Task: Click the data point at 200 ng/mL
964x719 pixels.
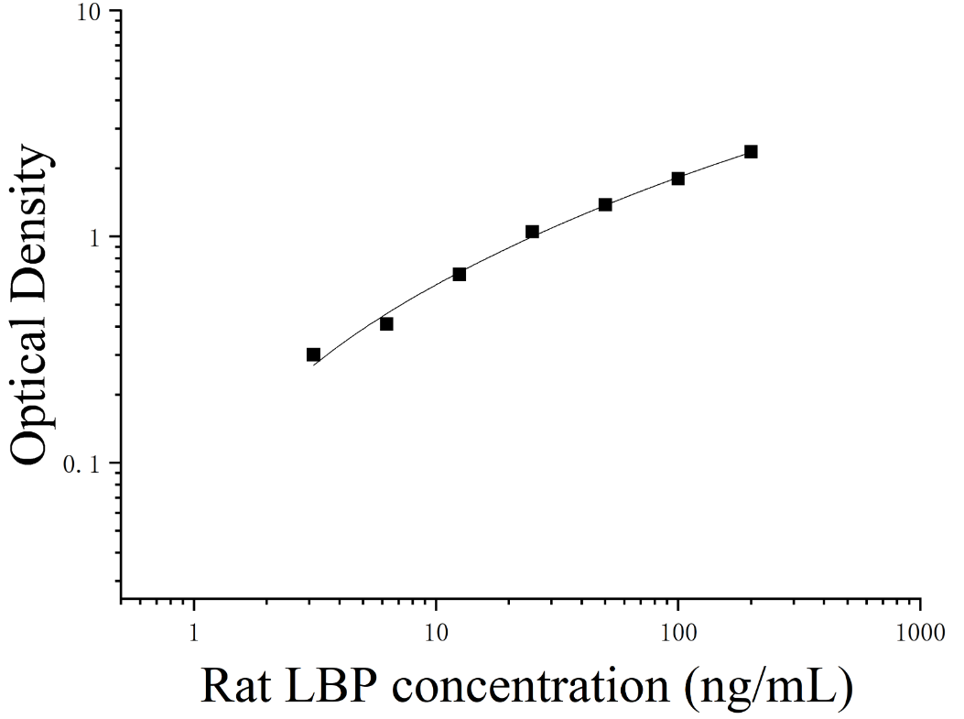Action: coord(751,151)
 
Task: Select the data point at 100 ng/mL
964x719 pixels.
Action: coord(678,179)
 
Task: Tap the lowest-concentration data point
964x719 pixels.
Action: coord(313,354)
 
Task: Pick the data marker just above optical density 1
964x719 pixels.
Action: coord(533,231)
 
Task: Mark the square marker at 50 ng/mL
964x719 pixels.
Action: coord(605,204)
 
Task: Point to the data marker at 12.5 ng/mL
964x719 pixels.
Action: coord(460,274)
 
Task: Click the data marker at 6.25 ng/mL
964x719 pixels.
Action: coord(386,323)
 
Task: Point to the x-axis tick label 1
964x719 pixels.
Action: coord(194,632)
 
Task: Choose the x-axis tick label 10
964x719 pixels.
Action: coord(436,632)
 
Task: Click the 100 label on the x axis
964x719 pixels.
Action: coord(678,632)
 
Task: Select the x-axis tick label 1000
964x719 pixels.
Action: coord(920,632)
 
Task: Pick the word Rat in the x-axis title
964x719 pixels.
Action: coord(235,686)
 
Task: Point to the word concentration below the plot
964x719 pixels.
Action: coord(530,686)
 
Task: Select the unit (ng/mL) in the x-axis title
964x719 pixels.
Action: coord(769,687)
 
